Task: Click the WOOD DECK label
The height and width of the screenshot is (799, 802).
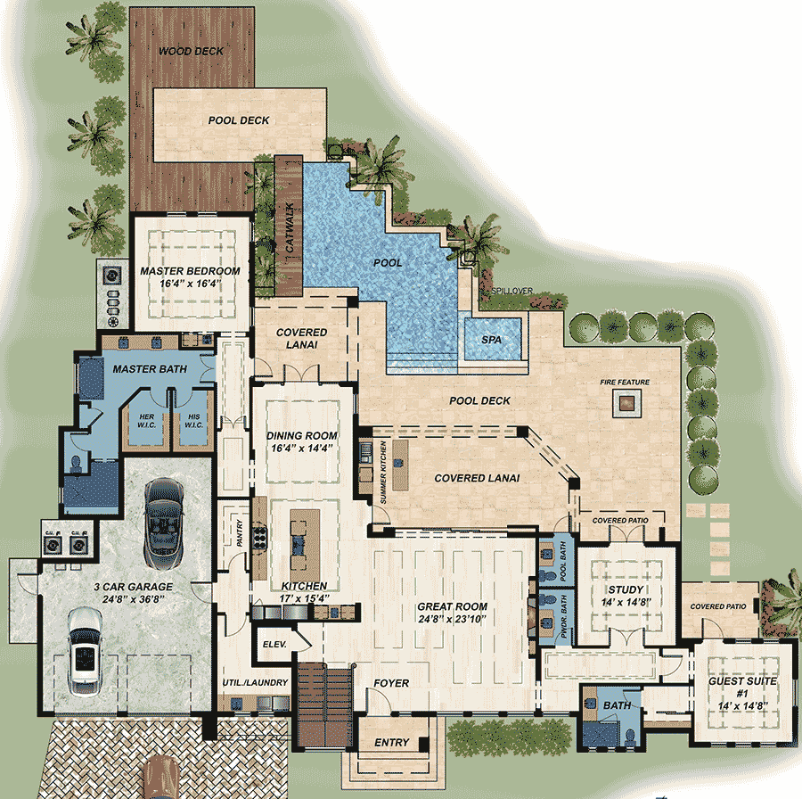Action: (191, 52)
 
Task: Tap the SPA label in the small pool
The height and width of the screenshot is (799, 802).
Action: (491, 341)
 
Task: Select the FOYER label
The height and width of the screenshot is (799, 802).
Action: (391, 684)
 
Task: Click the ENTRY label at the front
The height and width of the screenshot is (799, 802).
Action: (391, 743)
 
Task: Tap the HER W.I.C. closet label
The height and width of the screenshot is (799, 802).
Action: (145, 419)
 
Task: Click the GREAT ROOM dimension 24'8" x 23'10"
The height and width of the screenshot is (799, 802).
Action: (453, 620)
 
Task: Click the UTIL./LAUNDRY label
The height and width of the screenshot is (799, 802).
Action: (255, 683)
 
